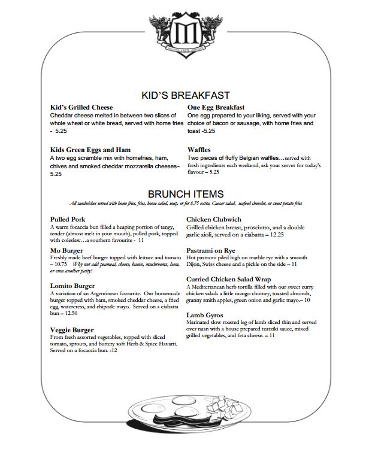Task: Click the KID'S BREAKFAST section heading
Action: click(186, 95)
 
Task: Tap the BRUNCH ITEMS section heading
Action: click(186, 193)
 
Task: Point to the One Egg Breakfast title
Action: click(219, 107)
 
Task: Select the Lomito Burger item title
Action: click(72, 286)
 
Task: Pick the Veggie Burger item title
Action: click(72, 329)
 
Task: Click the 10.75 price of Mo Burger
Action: click(60, 264)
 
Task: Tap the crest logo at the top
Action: click(184, 31)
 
